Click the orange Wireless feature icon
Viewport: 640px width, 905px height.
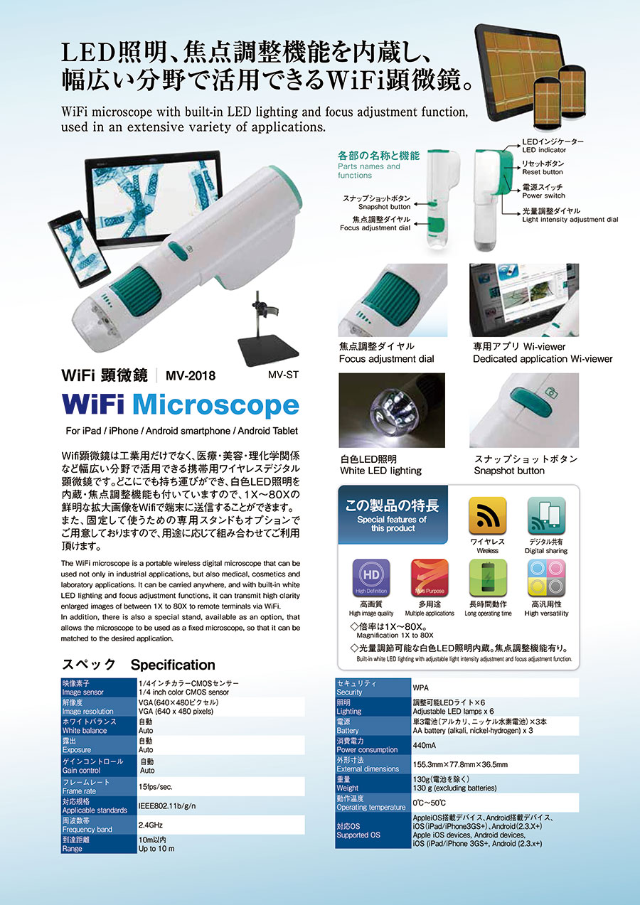pyautogui.click(x=487, y=516)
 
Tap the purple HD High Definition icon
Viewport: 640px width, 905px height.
pyautogui.click(x=371, y=578)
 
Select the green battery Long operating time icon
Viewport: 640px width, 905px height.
pyautogui.click(x=488, y=578)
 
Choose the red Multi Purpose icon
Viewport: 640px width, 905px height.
pyautogui.click(x=430, y=578)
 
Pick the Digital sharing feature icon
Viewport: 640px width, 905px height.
pyautogui.click(x=546, y=516)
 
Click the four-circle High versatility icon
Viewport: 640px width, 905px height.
pyautogui.click(x=546, y=578)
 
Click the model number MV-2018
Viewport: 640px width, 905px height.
pyautogui.click(x=191, y=376)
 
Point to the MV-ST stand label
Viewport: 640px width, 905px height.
pyautogui.click(x=283, y=375)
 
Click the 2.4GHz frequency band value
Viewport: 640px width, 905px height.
pyautogui.click(x=150, y=825)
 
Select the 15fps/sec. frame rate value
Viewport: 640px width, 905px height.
pyautogui.click(x=155, y=786)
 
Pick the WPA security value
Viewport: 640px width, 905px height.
pyautogui.click(x=420, y=687)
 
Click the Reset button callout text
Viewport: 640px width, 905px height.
pyautogui.click(x=543, y=172)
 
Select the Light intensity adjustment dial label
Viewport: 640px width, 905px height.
pyautogui.click(x=570, y=220)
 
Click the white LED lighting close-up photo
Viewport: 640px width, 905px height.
pyautogui.click(x=392, y=410)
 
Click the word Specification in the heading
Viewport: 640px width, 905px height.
pyautogui.click(x=173, y=665)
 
